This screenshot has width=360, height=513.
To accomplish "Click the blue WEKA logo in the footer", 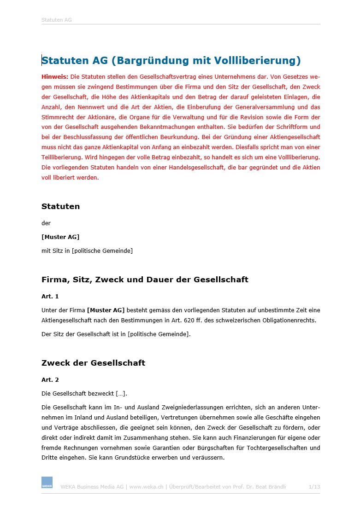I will click(47, 482).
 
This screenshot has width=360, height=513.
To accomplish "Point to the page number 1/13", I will click(314, 486).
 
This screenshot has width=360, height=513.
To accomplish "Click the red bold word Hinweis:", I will click(55, 76).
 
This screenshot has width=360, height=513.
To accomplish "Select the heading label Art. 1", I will click(50, 296).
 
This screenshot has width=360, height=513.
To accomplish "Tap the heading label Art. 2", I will click(50, 379).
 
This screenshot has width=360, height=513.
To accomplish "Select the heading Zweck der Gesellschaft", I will click(93, 363).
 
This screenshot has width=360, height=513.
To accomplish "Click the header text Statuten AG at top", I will click(56, 20).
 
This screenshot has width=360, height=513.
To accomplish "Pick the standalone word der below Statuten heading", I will click(46, 223).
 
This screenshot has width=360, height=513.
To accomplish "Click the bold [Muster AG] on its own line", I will click(60, 237).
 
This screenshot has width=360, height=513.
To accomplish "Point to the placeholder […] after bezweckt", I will click(121, 394).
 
